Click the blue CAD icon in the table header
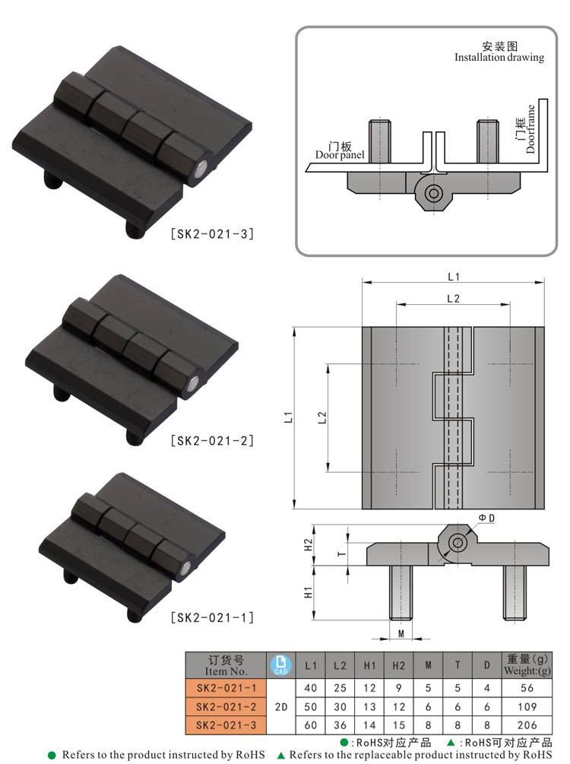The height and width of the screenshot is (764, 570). click(280, 665)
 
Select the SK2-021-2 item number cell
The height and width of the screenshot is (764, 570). click(226, 706)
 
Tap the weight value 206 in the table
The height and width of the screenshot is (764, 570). click(527, 725)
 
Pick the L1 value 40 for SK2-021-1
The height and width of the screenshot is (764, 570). click(310, 688)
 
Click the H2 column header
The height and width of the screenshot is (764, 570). click(398, 665)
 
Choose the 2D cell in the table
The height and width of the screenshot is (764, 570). click(281, 706)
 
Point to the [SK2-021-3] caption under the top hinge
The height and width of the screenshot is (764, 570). click(212, 234)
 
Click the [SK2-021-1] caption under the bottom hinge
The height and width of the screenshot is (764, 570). click(212, 618)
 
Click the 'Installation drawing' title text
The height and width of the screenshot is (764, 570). click(499, 57)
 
